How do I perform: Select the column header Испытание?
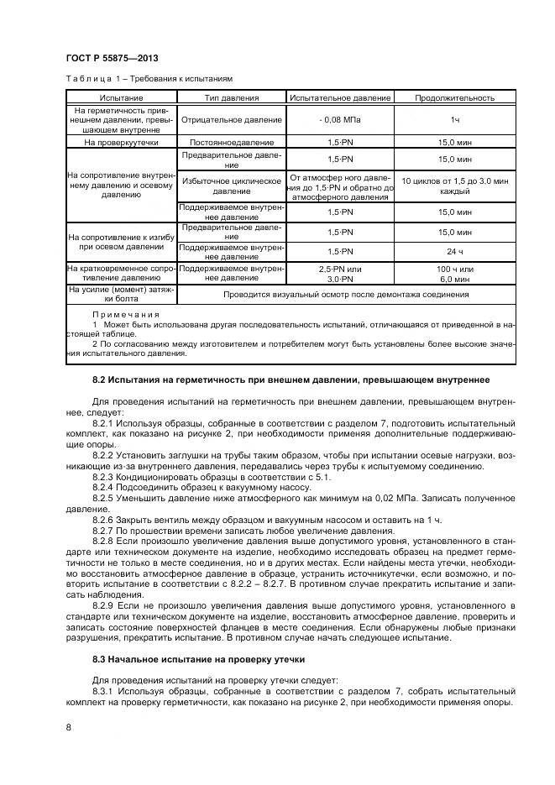121,97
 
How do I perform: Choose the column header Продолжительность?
454,97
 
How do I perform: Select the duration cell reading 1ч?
454,120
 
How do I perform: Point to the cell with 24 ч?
454,251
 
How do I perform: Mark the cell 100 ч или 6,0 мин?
454,273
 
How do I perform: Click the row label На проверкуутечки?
121,143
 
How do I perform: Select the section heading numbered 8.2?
291,380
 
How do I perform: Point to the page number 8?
68,728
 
